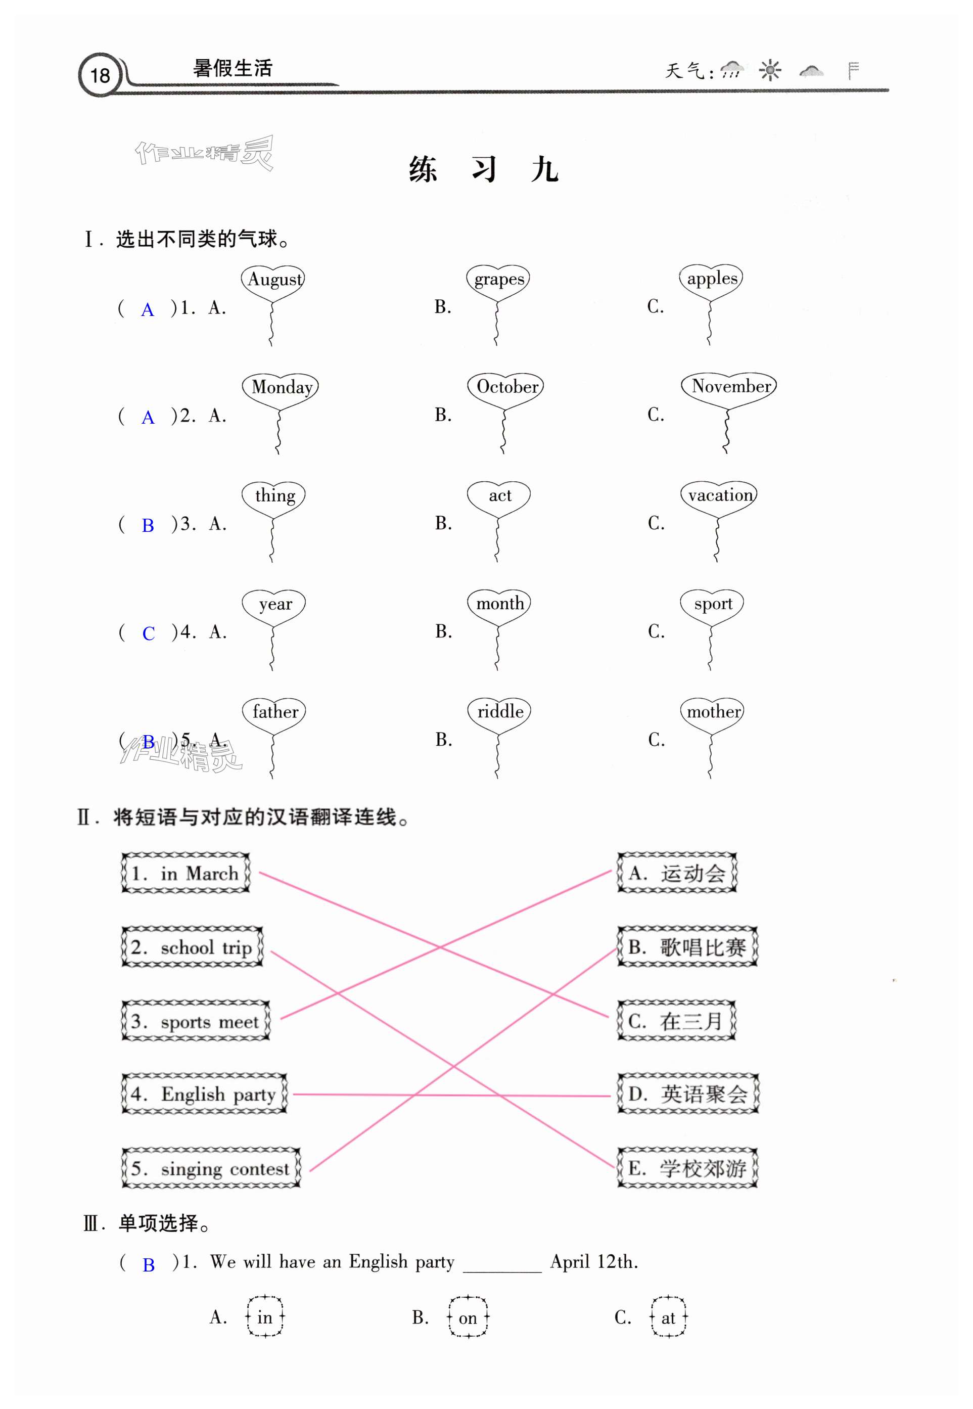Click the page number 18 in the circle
point(100,76)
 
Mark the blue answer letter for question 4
point(148,633)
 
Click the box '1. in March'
point(186,873)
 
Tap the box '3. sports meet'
point(196,1021)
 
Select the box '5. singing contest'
point(211,1168)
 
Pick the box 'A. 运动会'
point(677,873)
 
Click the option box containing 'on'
point(468,1318)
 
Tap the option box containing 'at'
point(668,1318)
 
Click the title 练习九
point(483,169)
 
